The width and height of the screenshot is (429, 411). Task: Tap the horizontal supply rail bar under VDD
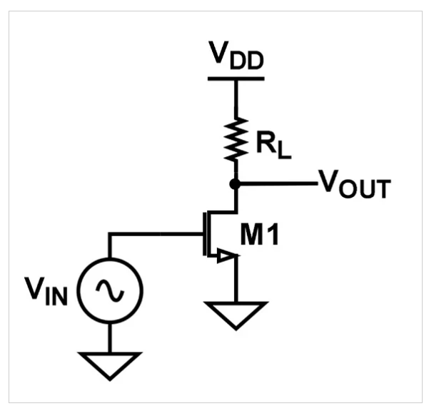click(236, 76)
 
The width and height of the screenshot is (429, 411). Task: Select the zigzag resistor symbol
click(236, 138)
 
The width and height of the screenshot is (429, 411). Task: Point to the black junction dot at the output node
click(236, 183)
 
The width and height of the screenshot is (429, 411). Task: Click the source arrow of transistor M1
click(226, 255)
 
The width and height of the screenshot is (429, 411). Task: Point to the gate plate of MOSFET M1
click(203, 233)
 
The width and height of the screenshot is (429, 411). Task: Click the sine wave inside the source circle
click(110, 289)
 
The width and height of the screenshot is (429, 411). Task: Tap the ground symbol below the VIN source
click(110, 364)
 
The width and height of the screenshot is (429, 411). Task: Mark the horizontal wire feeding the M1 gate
click(153, 233)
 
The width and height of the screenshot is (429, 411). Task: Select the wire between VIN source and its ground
click(110, 335)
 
